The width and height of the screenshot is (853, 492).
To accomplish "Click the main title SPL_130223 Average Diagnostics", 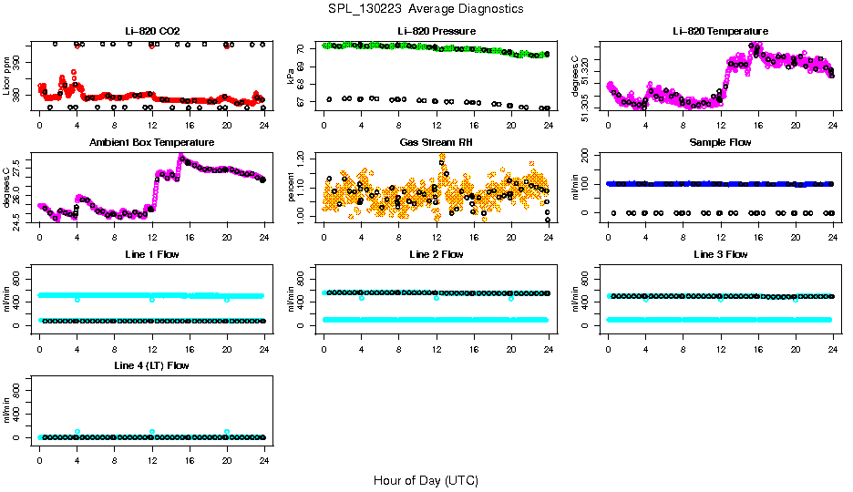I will coord(426,9).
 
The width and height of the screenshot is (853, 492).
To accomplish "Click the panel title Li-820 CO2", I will coord(152,32).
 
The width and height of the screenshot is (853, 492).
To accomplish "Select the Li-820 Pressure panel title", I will coord(437,32).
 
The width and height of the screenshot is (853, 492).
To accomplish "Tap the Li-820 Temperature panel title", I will coord(720,32).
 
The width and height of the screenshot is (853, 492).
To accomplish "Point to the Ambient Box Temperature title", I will coord(152,143).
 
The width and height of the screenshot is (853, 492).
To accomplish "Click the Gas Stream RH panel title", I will coord(437,143).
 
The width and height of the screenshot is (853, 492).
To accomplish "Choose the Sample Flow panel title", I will coord(720,143).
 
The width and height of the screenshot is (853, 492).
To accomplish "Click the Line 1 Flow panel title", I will coord(152,254).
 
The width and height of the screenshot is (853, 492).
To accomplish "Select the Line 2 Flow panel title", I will coord(437,254).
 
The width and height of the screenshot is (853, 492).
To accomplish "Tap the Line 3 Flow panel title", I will coord(720,254).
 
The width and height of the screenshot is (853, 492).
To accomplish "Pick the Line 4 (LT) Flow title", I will coord(152,365).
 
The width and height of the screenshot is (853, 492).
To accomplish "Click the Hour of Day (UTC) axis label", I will coord(426,480).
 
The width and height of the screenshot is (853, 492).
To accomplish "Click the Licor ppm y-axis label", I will coord(7,77).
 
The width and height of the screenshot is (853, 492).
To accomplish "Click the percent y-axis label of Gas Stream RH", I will coord(292,188).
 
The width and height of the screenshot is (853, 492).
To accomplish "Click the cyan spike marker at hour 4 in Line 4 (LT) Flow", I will coord(77,431).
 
